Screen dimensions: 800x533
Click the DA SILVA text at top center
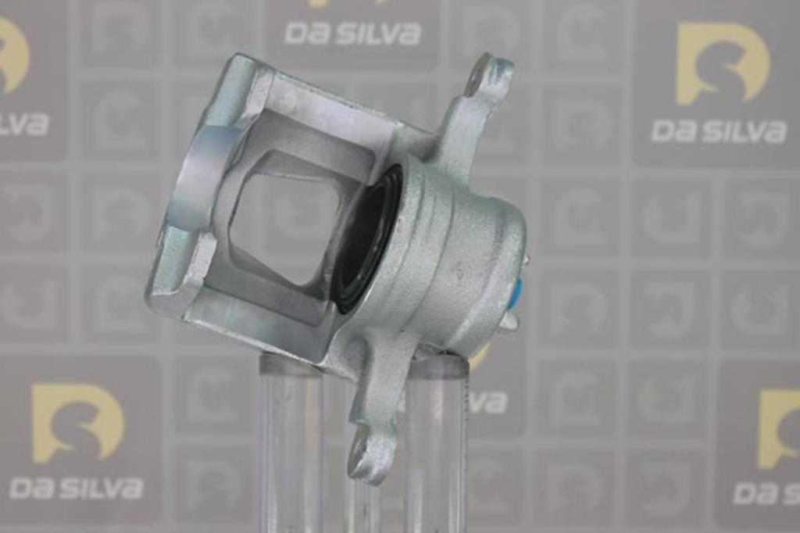click(352, 33)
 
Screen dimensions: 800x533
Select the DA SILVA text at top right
click(719, 132)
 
